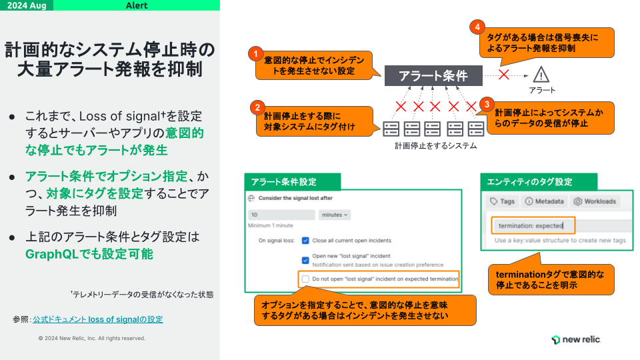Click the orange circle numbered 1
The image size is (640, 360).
(255, 54)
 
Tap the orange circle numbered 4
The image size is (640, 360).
(477, 27)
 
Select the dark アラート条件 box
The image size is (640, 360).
(433, 75)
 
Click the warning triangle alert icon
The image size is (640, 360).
(541, 75)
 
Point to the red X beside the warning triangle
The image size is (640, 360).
(504, 75)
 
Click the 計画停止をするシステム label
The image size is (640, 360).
(435, 146)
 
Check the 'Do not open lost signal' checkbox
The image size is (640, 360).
(305, 279)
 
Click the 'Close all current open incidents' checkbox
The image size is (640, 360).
(305, 241)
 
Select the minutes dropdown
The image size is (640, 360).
(334, 215)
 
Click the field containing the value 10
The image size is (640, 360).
(281, 215)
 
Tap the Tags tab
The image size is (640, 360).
(502, 201)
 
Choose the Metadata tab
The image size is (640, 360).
(544, 201)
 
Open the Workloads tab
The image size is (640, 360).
(595, 201)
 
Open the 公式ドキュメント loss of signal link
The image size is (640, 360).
(98, 319)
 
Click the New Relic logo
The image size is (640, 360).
(575, 339)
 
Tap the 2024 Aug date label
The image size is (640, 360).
(27, 5)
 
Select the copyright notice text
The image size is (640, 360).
(92, 338)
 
